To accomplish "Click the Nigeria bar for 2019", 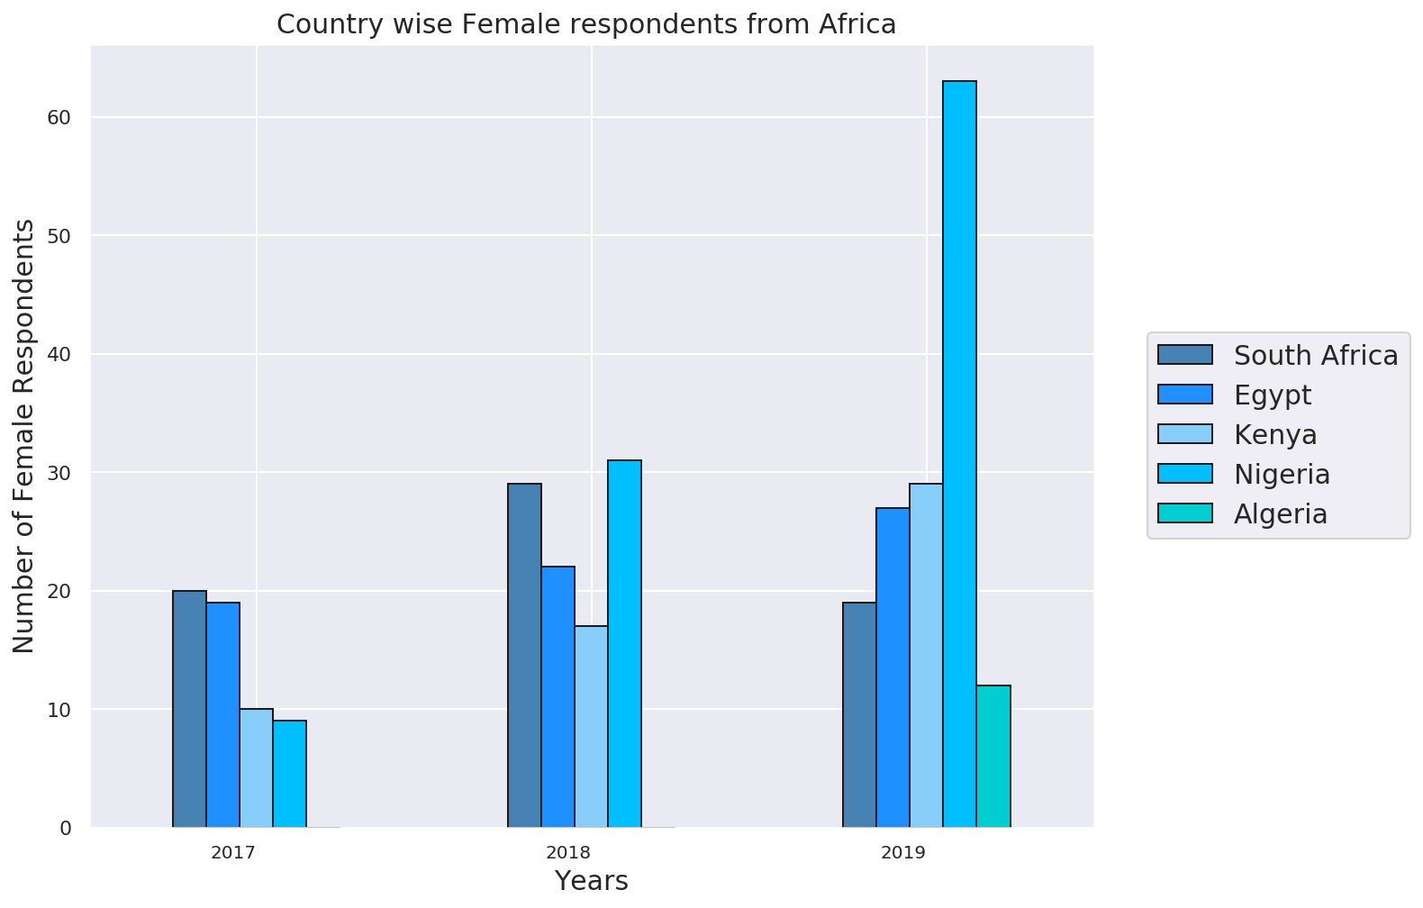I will [959, 454].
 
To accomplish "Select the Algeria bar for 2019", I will [993, 757].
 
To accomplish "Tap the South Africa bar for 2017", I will [189, 709].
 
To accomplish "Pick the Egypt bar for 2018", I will [557, 696].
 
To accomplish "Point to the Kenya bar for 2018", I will [591, 726].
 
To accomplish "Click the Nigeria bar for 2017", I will [289, 774].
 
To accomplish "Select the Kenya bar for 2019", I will [926, 655].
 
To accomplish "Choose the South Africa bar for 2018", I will [524, 655].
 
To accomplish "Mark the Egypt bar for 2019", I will [893, 667].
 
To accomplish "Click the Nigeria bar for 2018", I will [624, 643].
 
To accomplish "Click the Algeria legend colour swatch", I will [1185, 513].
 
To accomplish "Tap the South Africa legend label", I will [1315, 356].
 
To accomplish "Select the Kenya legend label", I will [1275, 435].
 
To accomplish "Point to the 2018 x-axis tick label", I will [568, 852].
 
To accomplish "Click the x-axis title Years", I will [591, 881].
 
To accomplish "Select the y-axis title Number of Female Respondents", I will [24, 436].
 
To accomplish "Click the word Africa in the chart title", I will [857, 24].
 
